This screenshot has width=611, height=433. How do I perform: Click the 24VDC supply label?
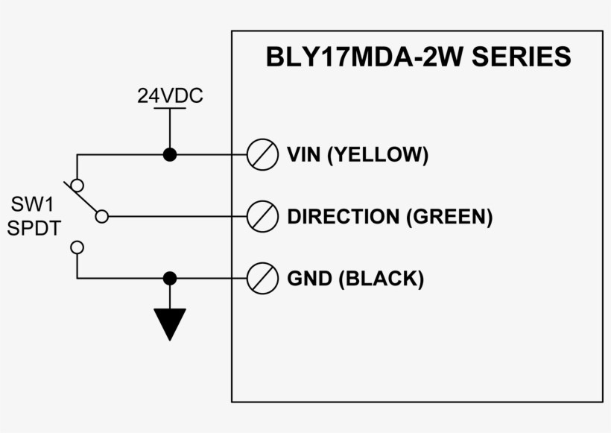coord(170,96)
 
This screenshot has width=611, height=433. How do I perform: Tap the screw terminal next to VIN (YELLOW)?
coord(262,155)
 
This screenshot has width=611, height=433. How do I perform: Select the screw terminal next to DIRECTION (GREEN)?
coord(262,217)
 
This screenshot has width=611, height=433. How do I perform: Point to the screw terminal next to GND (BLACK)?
coord(262,279)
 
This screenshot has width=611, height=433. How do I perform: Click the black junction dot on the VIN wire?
coord(170,155)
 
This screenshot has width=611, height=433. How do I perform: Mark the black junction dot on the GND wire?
coord(170,279)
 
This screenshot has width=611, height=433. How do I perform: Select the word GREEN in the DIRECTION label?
coord(449,217)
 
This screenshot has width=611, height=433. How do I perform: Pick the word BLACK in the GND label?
coord(381,279)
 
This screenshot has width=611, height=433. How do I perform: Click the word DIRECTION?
coord(343,217)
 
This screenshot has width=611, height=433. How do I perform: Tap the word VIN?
coord(304,155)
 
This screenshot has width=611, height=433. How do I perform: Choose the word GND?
coord(308,279)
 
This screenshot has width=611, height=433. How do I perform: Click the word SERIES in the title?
coord(522,57)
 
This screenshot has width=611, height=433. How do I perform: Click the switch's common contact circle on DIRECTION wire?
coord(102,217)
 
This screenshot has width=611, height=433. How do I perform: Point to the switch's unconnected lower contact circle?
coord(77,247)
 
